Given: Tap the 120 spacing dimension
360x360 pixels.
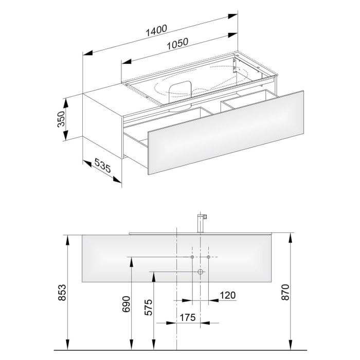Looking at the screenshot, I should (x=227, y=295).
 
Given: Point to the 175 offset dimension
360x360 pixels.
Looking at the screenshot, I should (x=188, y=318).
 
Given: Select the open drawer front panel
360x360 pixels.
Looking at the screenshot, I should (x=225, y=133).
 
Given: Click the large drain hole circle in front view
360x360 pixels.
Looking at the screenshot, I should (x=201, y=271).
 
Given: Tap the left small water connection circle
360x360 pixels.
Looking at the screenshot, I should (x=192, y=256).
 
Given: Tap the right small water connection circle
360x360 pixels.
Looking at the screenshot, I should (x=209, y=256).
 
